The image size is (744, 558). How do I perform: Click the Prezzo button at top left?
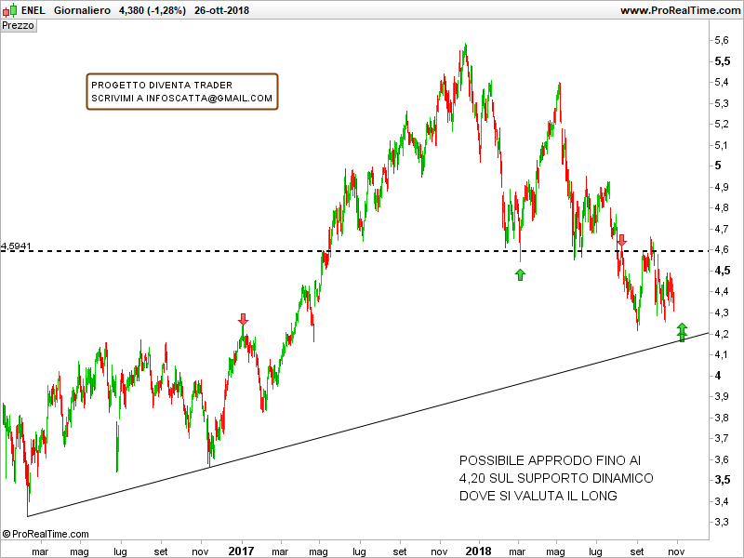(x=19, y=26)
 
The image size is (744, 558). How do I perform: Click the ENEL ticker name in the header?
(x=33, y=10)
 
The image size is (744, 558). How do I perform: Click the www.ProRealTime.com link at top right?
(x=679, y=10)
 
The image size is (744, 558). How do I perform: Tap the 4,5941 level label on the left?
(x=17, y=246)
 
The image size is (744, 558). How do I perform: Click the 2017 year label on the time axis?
(x=241, y=551)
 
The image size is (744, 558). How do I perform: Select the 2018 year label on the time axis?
(x=478, y=551)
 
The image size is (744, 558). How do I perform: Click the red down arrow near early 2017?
(x=244, y=320)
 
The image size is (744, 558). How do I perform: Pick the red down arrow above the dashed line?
(x=621, y=241)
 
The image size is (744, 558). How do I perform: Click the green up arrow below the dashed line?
(x=520, y=274)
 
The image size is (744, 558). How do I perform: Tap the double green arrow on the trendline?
(x=682, y=332)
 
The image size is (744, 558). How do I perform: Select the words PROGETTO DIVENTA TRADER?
(x=162, y=85)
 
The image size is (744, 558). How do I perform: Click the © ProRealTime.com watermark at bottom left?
(x=46, y=534)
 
